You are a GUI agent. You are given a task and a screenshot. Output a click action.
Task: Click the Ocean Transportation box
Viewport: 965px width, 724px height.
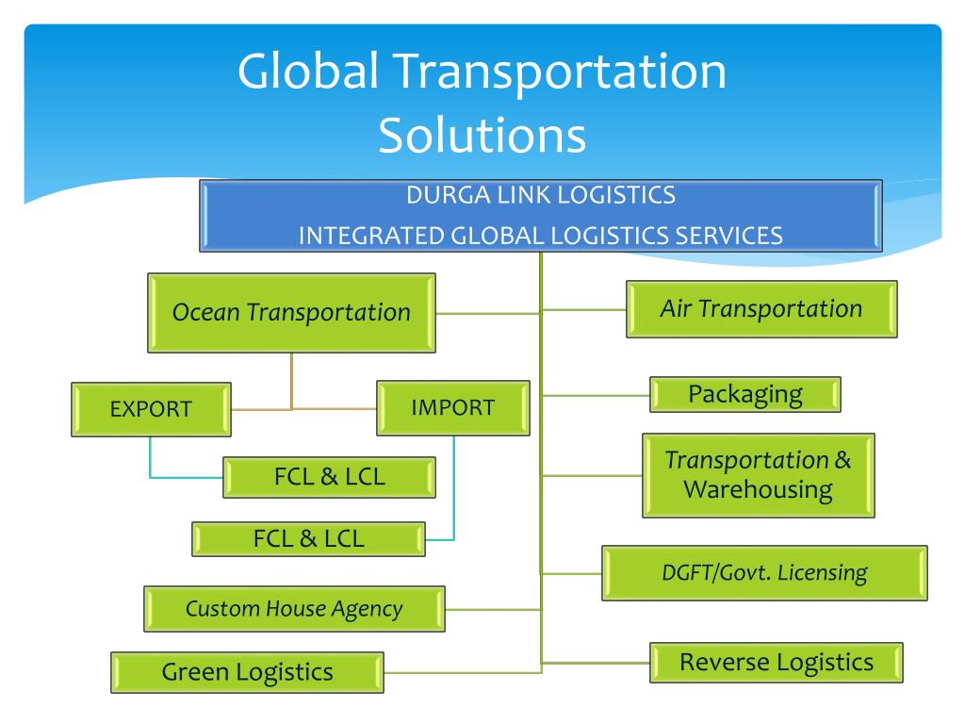click(292, 313)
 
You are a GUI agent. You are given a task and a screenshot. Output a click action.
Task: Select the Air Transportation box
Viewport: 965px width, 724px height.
click(761, 309)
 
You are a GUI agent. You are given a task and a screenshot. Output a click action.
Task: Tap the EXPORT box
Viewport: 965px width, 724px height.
click(152, 409)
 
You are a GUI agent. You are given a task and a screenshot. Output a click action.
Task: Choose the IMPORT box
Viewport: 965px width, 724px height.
click(453, 408)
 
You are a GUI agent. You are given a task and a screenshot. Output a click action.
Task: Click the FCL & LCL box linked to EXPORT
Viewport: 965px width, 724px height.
click(329, 477)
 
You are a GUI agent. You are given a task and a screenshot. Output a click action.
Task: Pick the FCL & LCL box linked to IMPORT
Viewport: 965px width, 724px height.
click(308, 539)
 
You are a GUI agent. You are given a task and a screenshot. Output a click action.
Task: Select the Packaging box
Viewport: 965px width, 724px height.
click(745, 395)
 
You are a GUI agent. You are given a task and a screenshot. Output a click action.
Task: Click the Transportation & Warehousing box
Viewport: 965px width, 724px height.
click(759, 475)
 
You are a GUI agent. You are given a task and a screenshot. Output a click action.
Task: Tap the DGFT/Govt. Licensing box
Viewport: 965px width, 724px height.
click(764, 573)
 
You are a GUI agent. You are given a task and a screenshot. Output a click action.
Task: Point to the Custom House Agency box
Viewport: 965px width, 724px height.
click(294, 609)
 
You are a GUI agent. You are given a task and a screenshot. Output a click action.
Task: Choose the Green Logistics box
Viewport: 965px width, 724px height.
click(248, 672)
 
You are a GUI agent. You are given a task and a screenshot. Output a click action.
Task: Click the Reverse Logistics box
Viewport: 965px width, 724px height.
click(777, 663)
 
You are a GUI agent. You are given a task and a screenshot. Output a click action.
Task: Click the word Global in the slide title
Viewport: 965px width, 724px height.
click(307, 72)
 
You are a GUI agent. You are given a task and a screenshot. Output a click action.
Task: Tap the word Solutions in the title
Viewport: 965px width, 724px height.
click(482, 136)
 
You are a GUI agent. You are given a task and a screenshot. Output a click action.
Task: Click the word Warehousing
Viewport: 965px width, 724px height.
click(759, 490)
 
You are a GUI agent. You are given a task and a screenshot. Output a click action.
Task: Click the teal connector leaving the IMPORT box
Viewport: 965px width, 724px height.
click(453, 487)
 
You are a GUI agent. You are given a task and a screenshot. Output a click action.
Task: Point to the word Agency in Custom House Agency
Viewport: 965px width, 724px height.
click(367, 610)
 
